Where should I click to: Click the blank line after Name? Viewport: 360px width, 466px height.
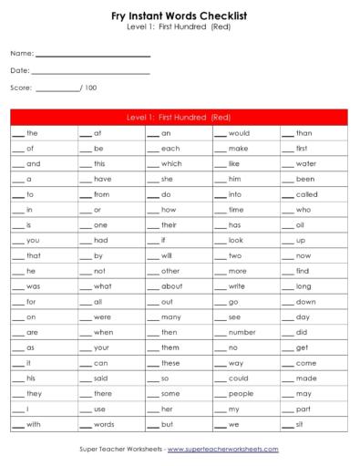coord(92,55)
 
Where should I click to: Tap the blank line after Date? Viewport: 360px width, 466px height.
coord(90,71)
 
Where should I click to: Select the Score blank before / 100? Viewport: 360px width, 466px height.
coord(57,88)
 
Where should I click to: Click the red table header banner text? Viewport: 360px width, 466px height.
coord(180,118)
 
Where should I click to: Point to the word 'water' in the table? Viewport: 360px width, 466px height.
coord(306,163)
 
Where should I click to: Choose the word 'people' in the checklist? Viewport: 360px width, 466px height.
coord(242,394)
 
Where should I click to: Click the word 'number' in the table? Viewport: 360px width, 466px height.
coord(242,332)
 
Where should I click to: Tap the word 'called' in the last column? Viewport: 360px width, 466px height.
coord(307,194)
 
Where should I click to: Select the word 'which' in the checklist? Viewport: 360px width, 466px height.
coord(171,163)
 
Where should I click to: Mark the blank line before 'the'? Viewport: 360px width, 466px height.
coord(17,135)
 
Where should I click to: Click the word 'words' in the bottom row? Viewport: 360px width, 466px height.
coord(104,425)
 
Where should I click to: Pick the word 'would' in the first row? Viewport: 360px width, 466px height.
coord(239,133)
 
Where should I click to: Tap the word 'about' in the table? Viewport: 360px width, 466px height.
coord(172,286)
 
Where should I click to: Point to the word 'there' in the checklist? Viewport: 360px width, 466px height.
coord(103,394)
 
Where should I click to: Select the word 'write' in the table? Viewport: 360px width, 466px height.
coord(237,286)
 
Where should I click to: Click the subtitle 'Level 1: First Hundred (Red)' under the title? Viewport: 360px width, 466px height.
coord(180,28)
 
